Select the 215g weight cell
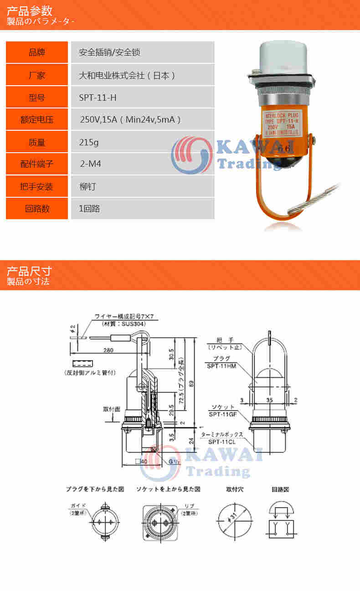(x=89, y=142)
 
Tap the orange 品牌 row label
(x=37, y=52)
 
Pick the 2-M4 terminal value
(x=90, y=164)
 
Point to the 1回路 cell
(x=89, y=209)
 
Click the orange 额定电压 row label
(x=37, y=119)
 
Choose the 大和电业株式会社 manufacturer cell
(x=127, y=75)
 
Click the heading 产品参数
(x=29, y=11)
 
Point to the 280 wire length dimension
(x=108, y=350)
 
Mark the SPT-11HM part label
(x=222, y=366)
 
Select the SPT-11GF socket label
(x=221, y=414)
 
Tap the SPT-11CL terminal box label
(x=221, y=442)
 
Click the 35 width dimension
(x=269, y=400)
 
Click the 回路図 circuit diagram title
(x=280, y=489)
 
